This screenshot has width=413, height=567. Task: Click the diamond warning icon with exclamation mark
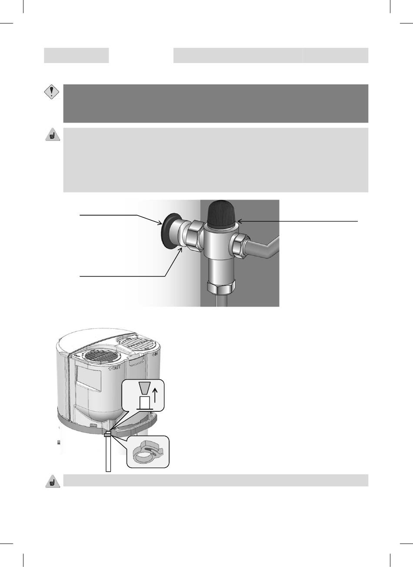tap(52, 92)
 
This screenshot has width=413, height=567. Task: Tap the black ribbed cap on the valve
tap(221, 214)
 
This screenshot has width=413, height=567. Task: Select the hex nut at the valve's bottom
tap(221, 287)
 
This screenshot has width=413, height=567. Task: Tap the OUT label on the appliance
tap(114, 367)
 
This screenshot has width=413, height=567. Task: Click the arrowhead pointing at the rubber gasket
tap(160, 223)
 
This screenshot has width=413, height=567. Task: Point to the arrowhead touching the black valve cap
tap(240, 221)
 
